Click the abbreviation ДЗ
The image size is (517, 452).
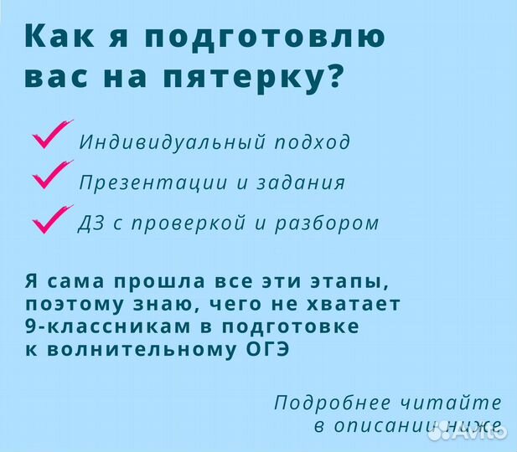tap(91, 223)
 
